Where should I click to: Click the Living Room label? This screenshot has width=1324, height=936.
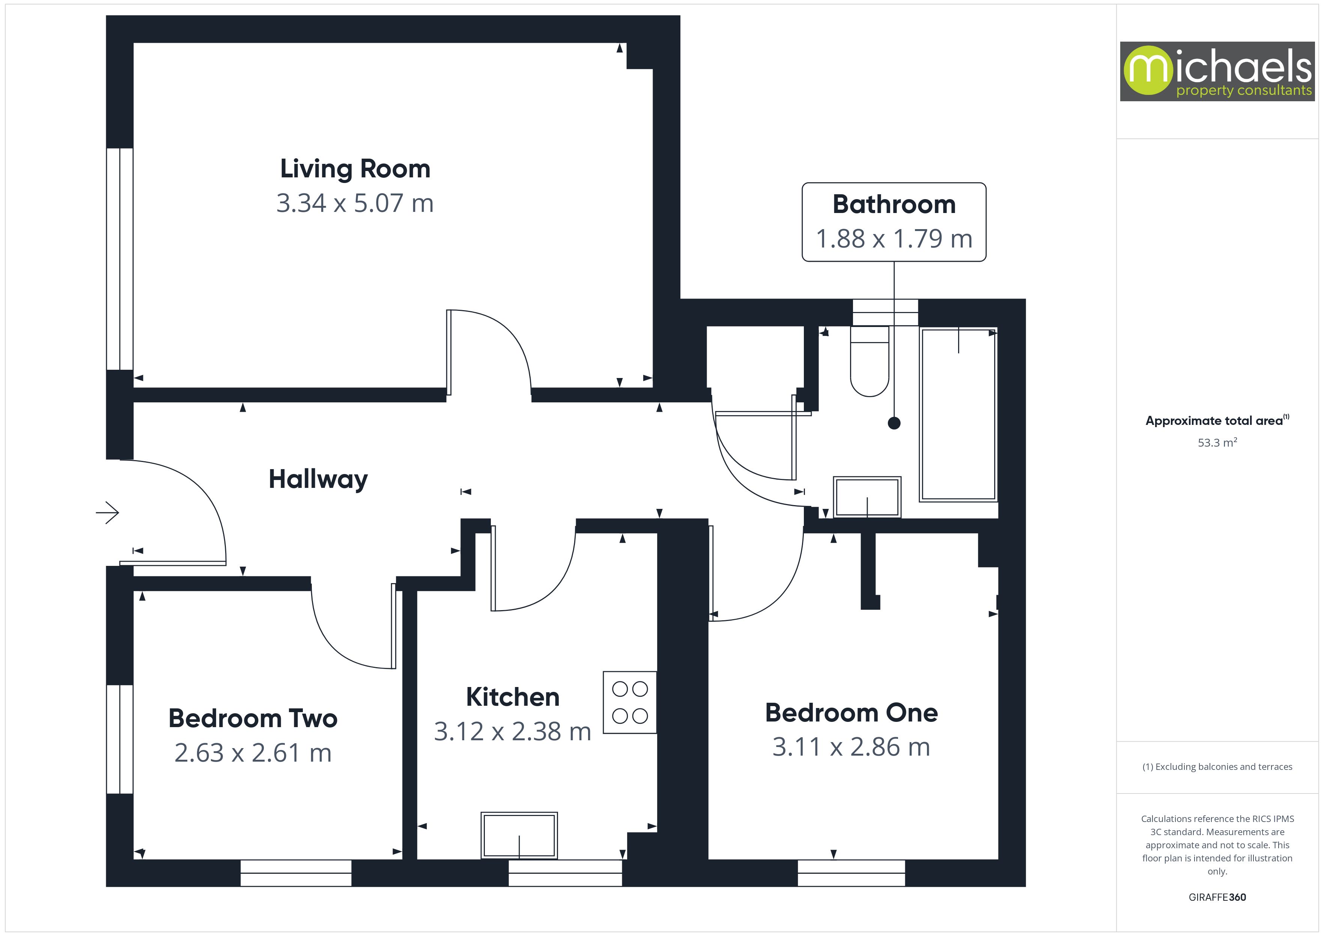point(355,169)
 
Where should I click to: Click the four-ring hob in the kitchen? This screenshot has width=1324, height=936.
point(630,702)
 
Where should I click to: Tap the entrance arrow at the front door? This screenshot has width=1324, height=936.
point(108,512)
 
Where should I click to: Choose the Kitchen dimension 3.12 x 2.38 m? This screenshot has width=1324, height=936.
point(512,731)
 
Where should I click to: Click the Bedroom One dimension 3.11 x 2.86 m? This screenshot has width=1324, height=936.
point(851,747)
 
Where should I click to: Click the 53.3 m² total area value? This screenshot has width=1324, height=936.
point(1217,442)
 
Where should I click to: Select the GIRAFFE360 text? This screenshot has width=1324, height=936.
point(1217,897)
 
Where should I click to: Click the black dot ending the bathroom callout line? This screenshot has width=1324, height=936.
point(894,423)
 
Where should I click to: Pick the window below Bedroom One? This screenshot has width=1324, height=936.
point(851,873)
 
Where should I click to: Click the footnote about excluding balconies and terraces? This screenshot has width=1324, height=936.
point(1217,766)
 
